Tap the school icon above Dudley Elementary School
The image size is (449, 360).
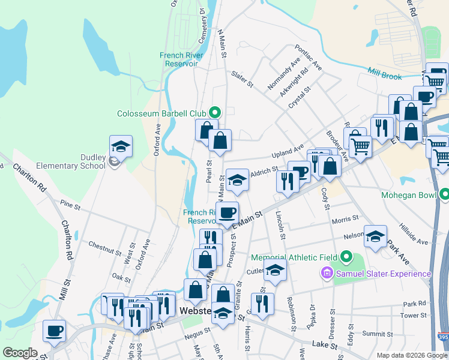coord(120,147)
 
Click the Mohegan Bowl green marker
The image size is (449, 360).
coord(444,194)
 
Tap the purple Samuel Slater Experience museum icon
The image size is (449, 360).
coord(327,274)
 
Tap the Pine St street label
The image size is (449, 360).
coord(70,206)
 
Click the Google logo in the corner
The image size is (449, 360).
coord(20,353)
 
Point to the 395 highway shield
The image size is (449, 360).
coord(443,338)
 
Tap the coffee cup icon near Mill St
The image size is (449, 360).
coord(54,331)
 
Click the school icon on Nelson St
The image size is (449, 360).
coord(375,236)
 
